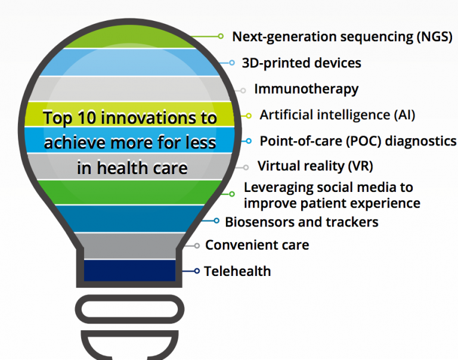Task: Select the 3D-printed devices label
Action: tap(301, 63)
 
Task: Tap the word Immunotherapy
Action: tap(306, 89)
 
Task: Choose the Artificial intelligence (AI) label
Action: tap(337, 114)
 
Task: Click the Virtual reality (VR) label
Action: tap(315, 166)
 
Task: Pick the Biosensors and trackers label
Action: tap(301, 222)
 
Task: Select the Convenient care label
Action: tap(257, 245)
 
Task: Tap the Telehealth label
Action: tap(237, 271)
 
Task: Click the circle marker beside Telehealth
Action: tap(197, 271)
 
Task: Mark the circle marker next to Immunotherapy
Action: tap(243, 91)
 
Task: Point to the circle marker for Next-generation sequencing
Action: tap(221, 36)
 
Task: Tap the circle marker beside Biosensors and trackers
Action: tap(217, 221)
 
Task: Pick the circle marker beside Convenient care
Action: tap(197, 245)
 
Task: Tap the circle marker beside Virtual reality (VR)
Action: tap(246, 167)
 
